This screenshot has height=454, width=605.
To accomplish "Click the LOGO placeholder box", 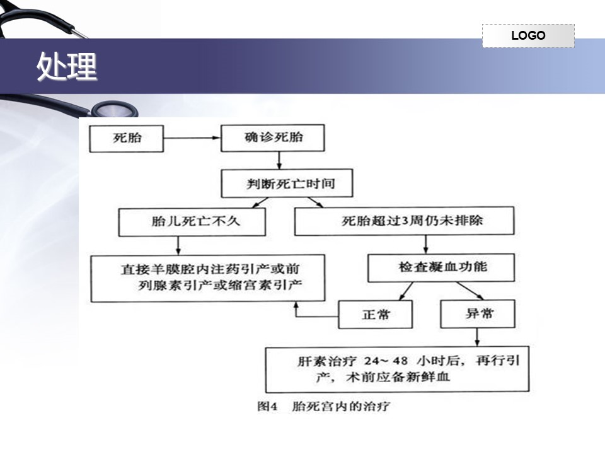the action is (528, 35).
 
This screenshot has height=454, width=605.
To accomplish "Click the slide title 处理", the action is (67, 66).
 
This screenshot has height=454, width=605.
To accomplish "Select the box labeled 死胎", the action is (127, 138).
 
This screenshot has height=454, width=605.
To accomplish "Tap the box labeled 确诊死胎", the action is (273, 137).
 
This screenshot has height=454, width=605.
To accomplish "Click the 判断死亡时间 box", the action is (287, 183).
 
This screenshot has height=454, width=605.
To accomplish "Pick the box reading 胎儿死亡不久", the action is (192, 222).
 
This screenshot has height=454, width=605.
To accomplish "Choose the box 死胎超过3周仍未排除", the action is (405, 221).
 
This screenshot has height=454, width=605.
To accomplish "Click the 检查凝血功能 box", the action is (441, 267).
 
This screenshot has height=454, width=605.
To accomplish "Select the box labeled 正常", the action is (376, 314).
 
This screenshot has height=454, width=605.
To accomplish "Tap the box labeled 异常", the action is (478, 314).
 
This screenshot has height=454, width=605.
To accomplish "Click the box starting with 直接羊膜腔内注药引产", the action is (208, 278).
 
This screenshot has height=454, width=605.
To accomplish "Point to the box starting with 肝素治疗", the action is (398, 370).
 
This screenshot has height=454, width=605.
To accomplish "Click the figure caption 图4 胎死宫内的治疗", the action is (323, 406).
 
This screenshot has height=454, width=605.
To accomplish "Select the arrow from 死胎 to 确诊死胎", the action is (192, 138).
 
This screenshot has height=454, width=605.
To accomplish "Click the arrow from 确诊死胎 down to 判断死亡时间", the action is (279, 160).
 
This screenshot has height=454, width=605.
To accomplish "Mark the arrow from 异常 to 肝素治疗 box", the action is (477, 337).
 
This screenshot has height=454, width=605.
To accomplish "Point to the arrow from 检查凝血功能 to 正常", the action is (406, 291).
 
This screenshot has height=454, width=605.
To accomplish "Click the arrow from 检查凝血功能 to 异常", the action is (470, 291).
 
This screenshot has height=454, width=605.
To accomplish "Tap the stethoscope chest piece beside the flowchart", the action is (114, 109).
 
